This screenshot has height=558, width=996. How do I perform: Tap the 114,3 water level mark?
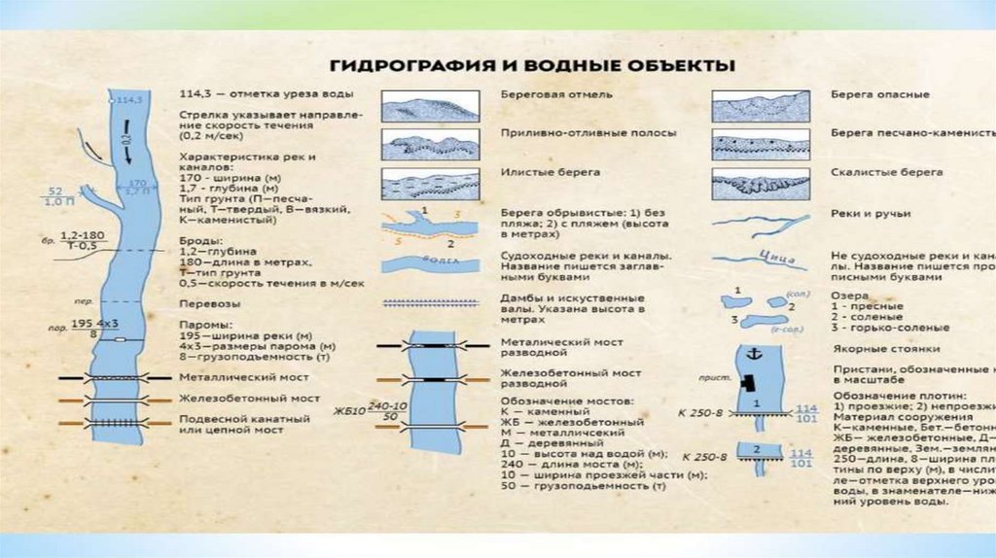tap(129, 100)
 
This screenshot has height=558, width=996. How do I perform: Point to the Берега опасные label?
tap(880, 94)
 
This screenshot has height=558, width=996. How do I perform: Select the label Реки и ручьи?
tap(871, 213)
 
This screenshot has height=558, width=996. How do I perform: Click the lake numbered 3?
tap(765, 320)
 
